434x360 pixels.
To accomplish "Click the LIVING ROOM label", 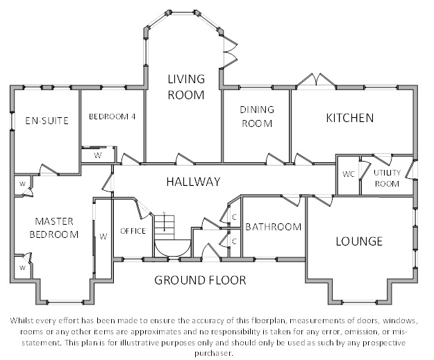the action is pyautogui.click(x=186, y=87).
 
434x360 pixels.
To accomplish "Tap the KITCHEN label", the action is pyautogui.click(x=350, y=118).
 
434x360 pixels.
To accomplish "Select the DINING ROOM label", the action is pyautogui.click(x=257, y=117).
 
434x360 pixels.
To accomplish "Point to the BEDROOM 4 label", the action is pyautogui.click(x=112, y=117).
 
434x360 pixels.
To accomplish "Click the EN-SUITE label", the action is pyautogui.click(x=47, y=121).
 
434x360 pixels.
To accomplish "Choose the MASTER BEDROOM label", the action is pyautogui.click(x=54, y=228).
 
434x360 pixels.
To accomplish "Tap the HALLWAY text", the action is pyautogui.click(x=194, y=182).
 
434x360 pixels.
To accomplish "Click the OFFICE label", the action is pyautogui.click(x=133, y=231).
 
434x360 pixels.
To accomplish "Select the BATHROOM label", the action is pyautogui.click(x=274, y=227).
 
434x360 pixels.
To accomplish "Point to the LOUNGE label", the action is pyautogui.click(x=359, y=241).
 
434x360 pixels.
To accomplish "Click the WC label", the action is pyautogui.click(x=348, y=174).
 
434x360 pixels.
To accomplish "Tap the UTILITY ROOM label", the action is pyautogui.click(x=387, y=178).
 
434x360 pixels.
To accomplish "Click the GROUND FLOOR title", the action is pyautogui.click(x=200, y=280).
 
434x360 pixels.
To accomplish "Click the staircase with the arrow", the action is pyautogui.click(x=165, y=228).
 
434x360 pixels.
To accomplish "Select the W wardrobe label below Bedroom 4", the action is pyautogui.click(x=98, y=155).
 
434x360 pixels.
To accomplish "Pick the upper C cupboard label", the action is pyautogui.click(x=234, y=217).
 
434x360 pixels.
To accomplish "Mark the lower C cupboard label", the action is pyautogui.click(x=234, y=241).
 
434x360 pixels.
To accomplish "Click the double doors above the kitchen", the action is pyautogui.click(x=317, y=80).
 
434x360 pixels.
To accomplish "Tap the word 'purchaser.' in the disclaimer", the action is pyautogui.click(x=213, y=353).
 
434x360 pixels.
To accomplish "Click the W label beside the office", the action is pyautogui.click(x=103, y=237).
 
